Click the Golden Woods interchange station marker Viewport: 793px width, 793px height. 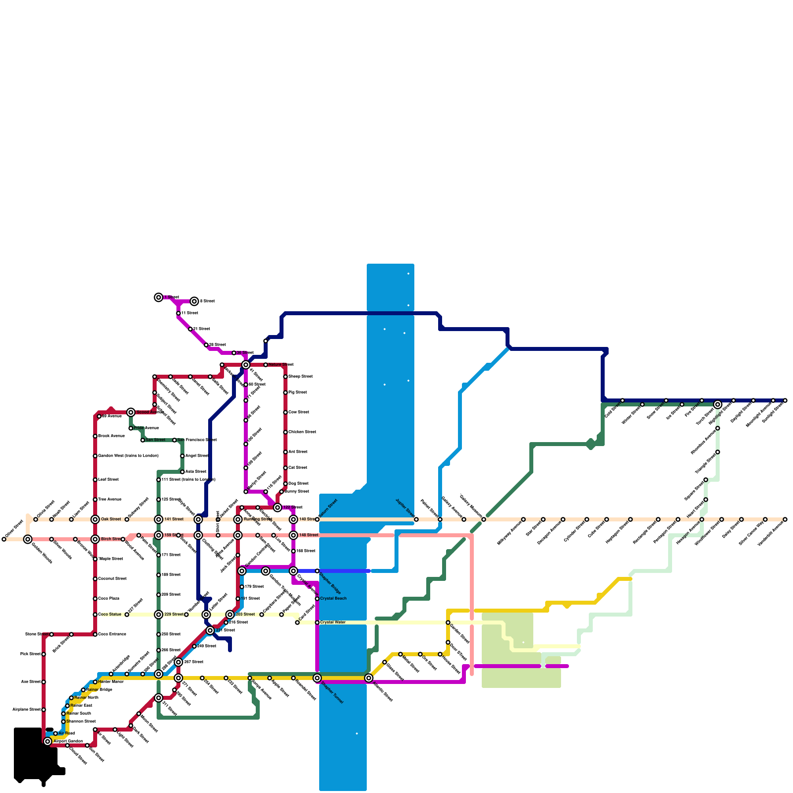[x=28, y=539]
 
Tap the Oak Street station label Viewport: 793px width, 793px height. [x=111, y=519]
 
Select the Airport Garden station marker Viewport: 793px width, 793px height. [x=48, y=741]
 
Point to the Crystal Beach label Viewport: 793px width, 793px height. [x=334, y=599]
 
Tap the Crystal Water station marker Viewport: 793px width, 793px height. [x=317, y=623]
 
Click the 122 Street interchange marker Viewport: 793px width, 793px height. [x=278, y=508]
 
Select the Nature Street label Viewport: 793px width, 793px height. [x=281, y=365]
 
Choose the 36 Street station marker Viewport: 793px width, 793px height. [x=234, y=353]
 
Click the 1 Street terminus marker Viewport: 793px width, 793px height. [x=159, y=297]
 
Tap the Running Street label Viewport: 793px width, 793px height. [x=258, y=519]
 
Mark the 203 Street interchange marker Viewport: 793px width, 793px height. [x=230, y=615]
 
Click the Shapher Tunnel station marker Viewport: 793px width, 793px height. [x=317, y=678]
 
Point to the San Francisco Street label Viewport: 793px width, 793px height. [x=197, y=440]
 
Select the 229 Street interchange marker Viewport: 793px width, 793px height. [x=159, y=615]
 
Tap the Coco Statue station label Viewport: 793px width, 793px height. [x=110, y=615]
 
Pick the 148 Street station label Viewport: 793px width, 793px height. [x=309, y=535]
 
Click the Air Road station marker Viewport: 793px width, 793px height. [x=56, y=734]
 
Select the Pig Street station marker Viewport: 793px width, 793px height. [x=285, y=393]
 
